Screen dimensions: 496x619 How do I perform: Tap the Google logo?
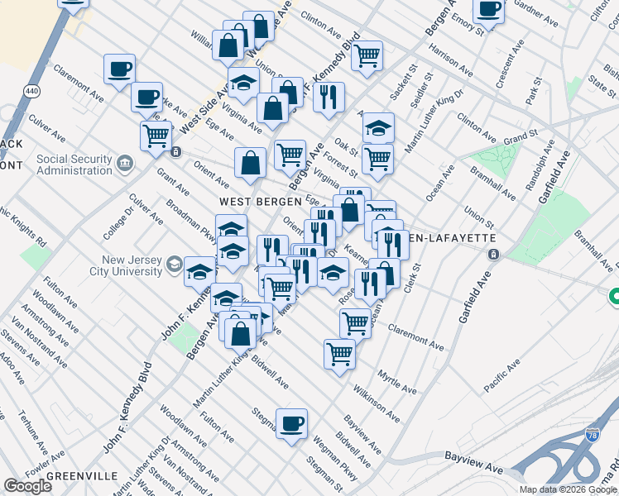click(x=28, y=486)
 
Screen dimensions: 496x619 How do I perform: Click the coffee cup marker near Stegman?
click(x=290, y=424)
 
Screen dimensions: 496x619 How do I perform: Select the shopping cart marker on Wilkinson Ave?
click(x=339, y=354)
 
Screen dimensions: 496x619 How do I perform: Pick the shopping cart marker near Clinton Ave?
click(x=367, y=55)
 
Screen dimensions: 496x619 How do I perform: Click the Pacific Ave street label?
click(x=502, y=374)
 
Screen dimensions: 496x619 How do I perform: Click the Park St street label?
click(x=534, y=91)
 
